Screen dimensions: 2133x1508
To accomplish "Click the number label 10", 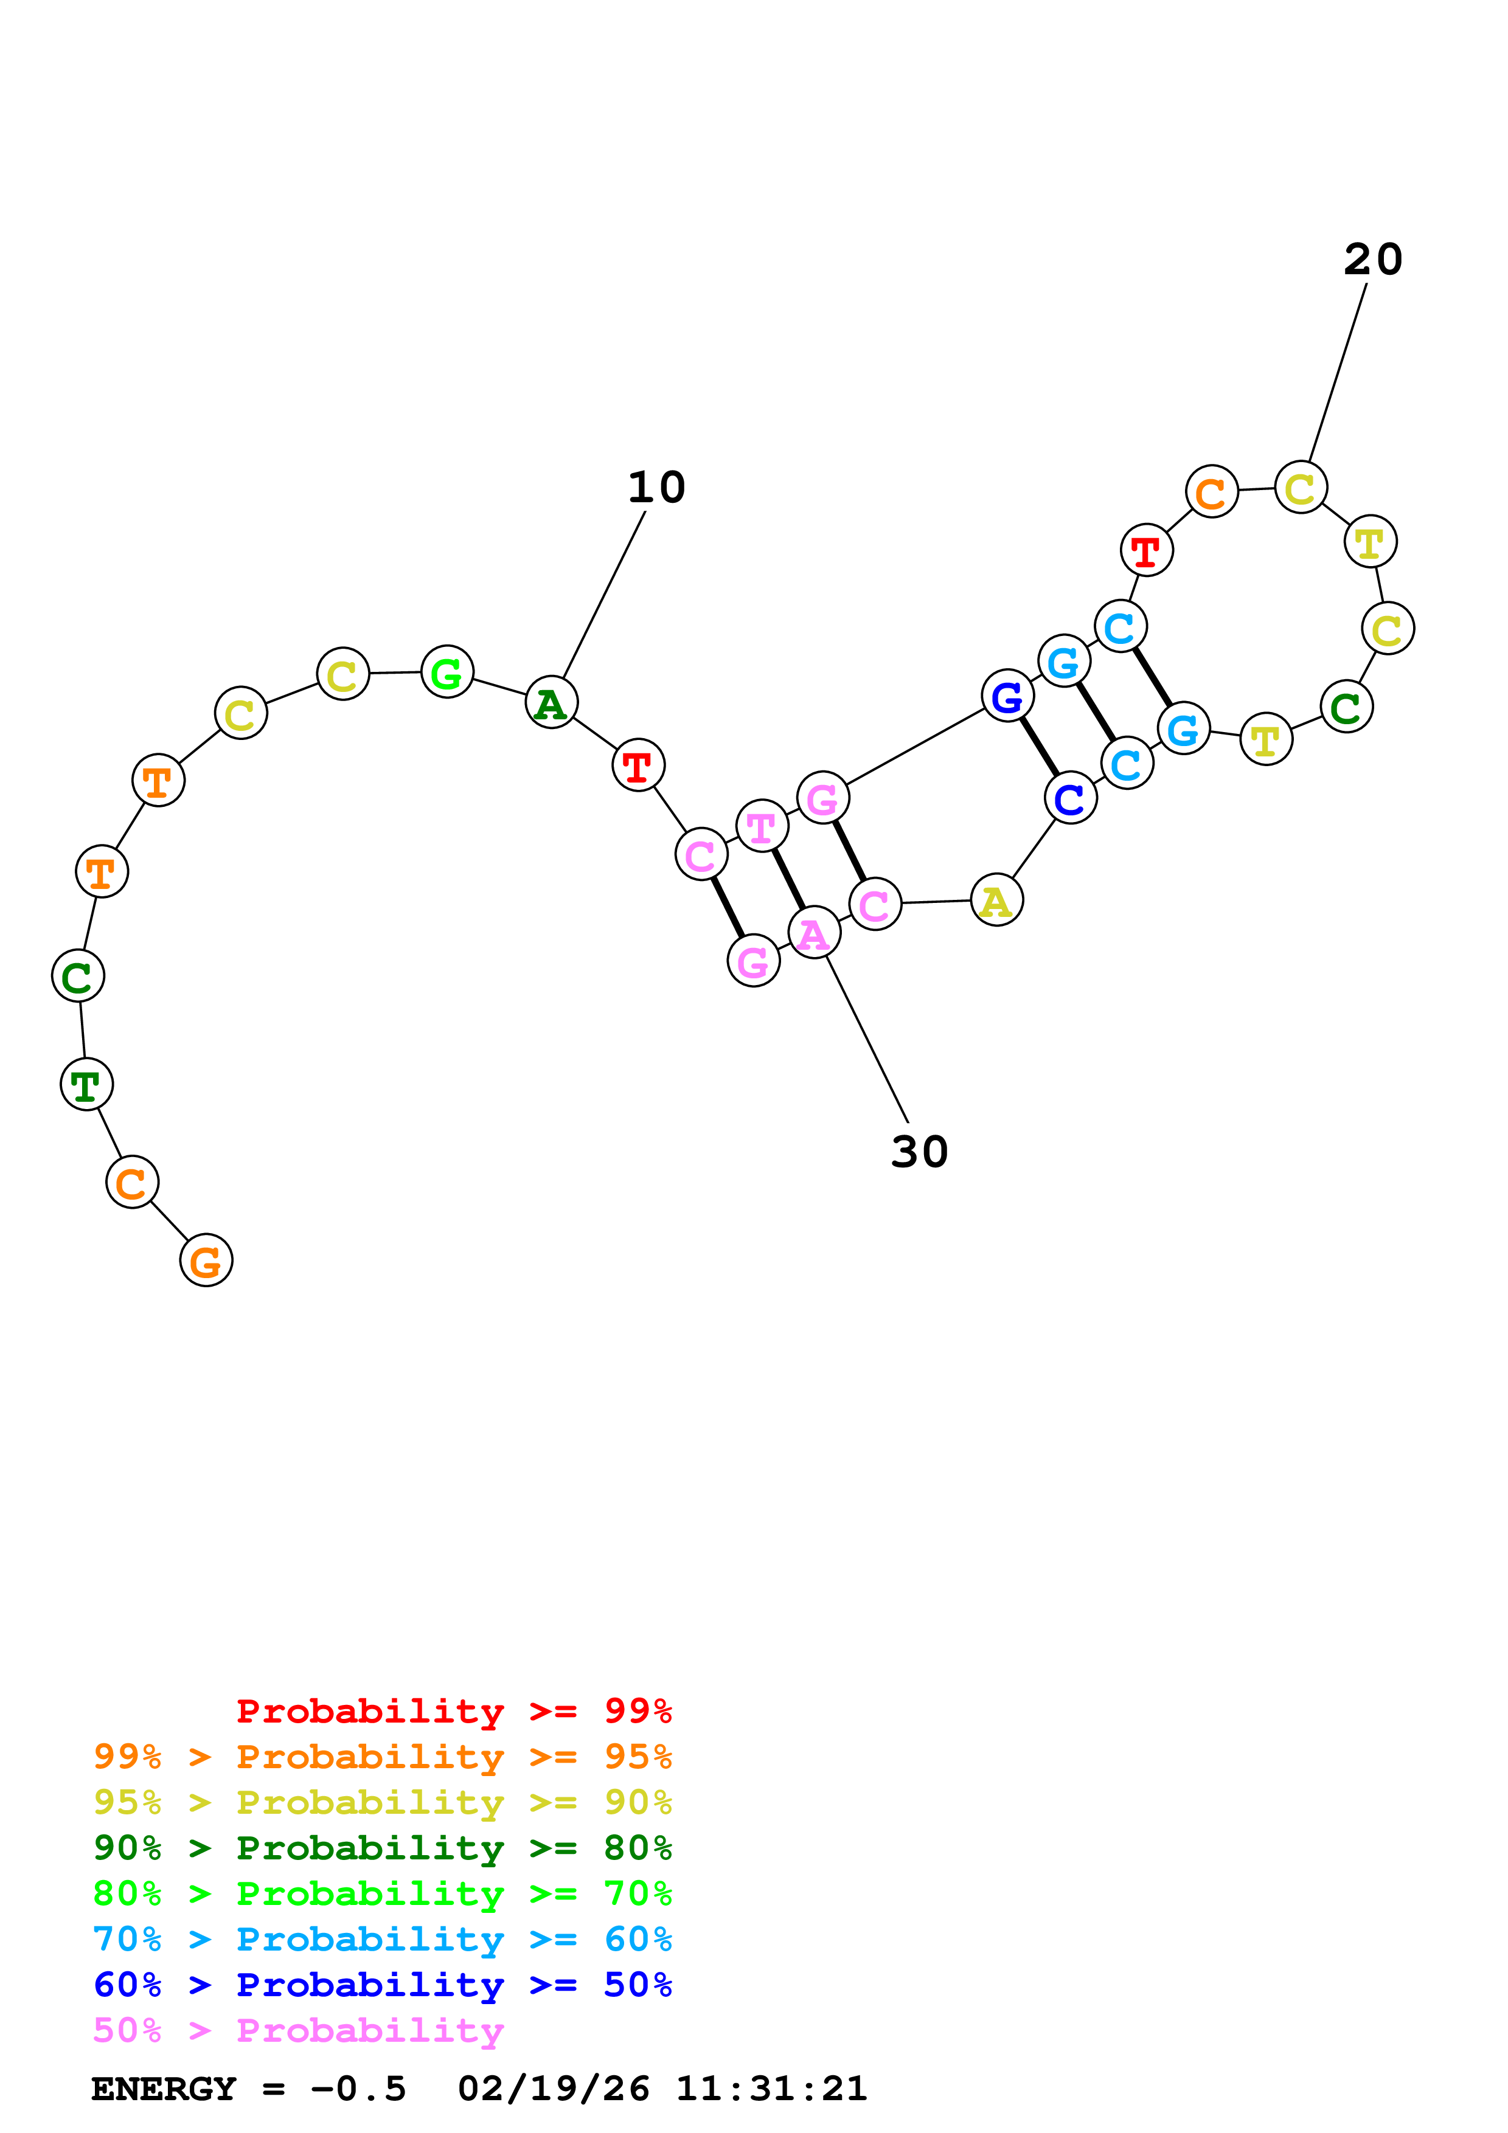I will (x=656, y=487).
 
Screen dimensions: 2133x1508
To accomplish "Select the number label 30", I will (x=919, y=1152).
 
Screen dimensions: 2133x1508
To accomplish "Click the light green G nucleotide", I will (x=447, y=672).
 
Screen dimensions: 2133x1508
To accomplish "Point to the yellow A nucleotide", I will (x=996, y=901).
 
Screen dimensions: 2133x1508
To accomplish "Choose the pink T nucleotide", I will (x=762, y=826).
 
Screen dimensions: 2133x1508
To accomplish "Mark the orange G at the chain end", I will (x=206, y=1260).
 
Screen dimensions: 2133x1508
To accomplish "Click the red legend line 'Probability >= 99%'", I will (x=453, y=1710).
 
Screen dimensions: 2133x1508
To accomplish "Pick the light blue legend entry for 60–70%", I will (x=382, y=1939).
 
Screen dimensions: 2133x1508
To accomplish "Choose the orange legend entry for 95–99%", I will (x=382, y=1756).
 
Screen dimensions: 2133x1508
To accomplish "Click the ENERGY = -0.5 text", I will (x=249, y=2089).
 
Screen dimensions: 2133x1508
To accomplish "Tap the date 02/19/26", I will (x=553, y=2089).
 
